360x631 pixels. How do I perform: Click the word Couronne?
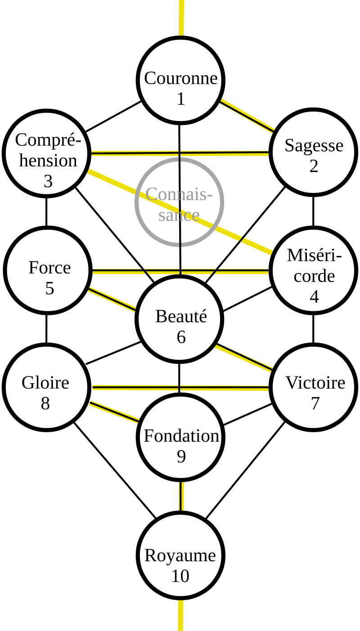point(181,78)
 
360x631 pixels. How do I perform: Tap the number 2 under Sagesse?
point(314,166)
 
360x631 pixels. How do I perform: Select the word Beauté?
point(181,316)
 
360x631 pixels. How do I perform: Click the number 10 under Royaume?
point(180,576)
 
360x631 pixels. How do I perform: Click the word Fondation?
point(181,436)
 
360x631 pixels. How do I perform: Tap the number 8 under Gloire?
point(45,403)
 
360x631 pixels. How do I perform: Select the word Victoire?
point(315,383)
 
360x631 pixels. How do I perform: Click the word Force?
point(49,268)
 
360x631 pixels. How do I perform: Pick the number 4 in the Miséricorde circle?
point(314,297)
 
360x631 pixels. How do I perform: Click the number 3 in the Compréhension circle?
point(48,181)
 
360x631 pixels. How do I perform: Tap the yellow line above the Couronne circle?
point(181,18)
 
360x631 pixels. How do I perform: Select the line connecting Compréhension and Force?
point(46,211)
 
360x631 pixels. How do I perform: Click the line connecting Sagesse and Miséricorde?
point(313,211)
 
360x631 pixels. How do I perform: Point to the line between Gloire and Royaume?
point(115,471)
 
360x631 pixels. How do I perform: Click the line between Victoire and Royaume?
point(245,470)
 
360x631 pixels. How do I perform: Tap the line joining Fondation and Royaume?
point(181,497)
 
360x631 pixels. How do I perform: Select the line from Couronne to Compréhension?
point(113,116)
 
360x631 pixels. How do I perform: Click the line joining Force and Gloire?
point(46,329)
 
